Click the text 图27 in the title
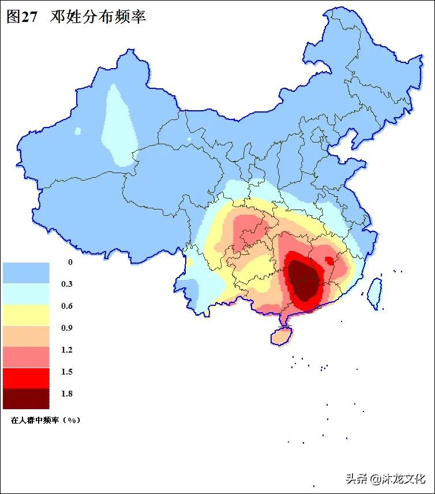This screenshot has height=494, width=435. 21,17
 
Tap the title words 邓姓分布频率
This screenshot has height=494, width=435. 99,17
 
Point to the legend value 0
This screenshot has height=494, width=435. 70,263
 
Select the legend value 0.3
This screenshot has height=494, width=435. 67,285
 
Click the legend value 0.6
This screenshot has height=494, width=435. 67,306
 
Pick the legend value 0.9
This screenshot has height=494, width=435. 67,328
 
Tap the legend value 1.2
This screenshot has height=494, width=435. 67,350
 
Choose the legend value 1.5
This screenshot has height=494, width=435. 67,372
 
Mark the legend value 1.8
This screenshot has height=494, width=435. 67,394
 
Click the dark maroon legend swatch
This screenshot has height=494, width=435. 26,398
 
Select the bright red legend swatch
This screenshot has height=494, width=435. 26,377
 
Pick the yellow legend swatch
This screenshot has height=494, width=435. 26,315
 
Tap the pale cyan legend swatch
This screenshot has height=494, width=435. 26,294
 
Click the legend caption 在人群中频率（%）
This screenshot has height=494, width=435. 46,420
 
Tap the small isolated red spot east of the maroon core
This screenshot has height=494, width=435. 329,260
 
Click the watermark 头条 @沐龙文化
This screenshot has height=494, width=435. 385,478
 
